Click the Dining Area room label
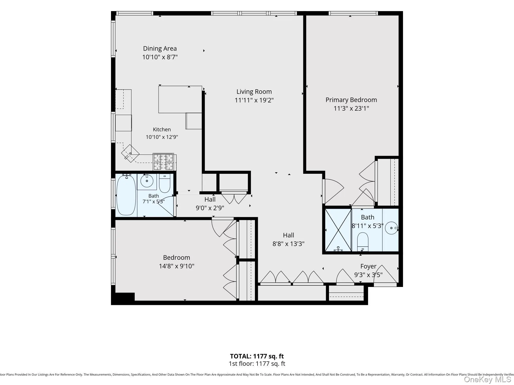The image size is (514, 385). pyautogui.click(x=160, y=49)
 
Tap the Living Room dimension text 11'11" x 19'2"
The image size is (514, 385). pyautogui.click(x=254, y=100)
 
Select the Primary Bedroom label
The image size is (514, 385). pyautogui.click(x=351, y=100)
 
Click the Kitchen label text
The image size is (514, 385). pyautogui.click(x=162, y=129)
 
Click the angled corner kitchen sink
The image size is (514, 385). pyautogui.click(x=130, y=153)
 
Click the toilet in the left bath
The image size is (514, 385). pyautogui.click(x=165, y=183)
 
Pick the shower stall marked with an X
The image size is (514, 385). pyautogui.click(x=338, y=230)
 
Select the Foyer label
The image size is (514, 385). pyautogui.click(x=368, y=266)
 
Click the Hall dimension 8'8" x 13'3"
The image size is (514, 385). pyautogui.click(x=288, y=244)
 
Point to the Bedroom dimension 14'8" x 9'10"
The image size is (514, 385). pyautogui.click(x=177, y=266)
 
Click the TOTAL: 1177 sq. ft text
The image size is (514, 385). pyautogui.click(x=257, y=356)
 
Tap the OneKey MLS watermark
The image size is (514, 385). pyautogui.click(x=488, y=379)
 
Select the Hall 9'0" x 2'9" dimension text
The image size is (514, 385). pyautogui.click(x=210, y=208)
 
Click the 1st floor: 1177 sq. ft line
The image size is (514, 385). pyautogui.click(x=257, y=364)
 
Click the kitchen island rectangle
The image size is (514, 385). pyautogui.click(x=180, y=99)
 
